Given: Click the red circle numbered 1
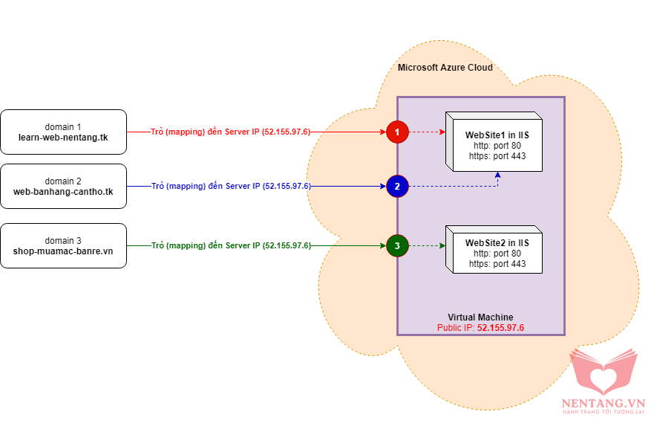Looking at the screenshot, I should (397, 132).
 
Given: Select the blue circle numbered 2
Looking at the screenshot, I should (397, 186).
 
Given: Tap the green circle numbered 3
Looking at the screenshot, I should (397, 245).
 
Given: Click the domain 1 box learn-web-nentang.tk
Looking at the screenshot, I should (63, 132).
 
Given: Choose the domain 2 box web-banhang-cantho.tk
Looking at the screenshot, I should (63, 186).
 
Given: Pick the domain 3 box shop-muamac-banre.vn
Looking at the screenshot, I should (63, 245).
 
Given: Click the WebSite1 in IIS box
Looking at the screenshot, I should (496, 145).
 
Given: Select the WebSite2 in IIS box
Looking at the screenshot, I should (496, 253).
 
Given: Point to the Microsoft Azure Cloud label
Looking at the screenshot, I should (445, 68).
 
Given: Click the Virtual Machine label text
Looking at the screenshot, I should (480, 317).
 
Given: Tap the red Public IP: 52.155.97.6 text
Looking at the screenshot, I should (480, 327).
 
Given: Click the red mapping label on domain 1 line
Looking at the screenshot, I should (230, 132).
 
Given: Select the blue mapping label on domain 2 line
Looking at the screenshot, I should (230, 186).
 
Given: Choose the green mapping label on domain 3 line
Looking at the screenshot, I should (230, 245).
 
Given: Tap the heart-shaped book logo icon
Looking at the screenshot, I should (603, 369).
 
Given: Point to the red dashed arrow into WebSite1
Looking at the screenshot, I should (427, 132).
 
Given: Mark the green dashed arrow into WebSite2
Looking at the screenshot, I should (427, 245).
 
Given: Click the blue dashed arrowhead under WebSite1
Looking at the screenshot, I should (498, 175).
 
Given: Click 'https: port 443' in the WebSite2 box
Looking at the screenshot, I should (497, 264).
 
